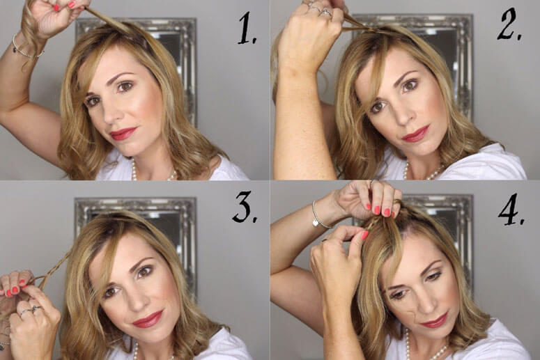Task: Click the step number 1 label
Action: tap(247, 29)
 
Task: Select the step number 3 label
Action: tap(245, 207)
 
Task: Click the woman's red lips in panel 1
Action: tap(123, 134)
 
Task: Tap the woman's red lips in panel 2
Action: tap(415, 134)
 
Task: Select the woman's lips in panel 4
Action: tap(434, 321)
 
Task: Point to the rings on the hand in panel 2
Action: tap(321, 9)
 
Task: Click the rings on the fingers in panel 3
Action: tap(31, 311)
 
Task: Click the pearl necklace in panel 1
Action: tap(153, 172)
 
